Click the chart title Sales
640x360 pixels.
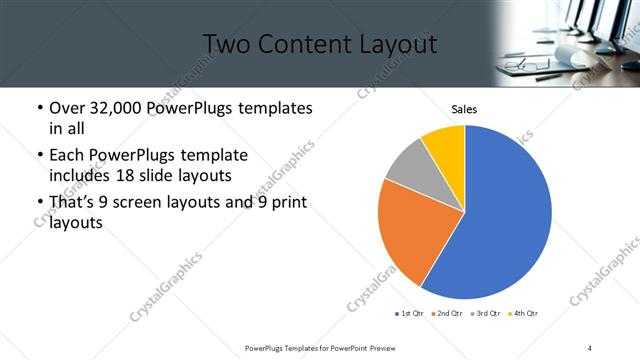tap(464, 109)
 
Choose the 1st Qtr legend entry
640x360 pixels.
tap(410, 314)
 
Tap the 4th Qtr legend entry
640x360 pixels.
tap(525, 314)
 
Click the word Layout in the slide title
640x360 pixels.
tap(401, 44)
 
